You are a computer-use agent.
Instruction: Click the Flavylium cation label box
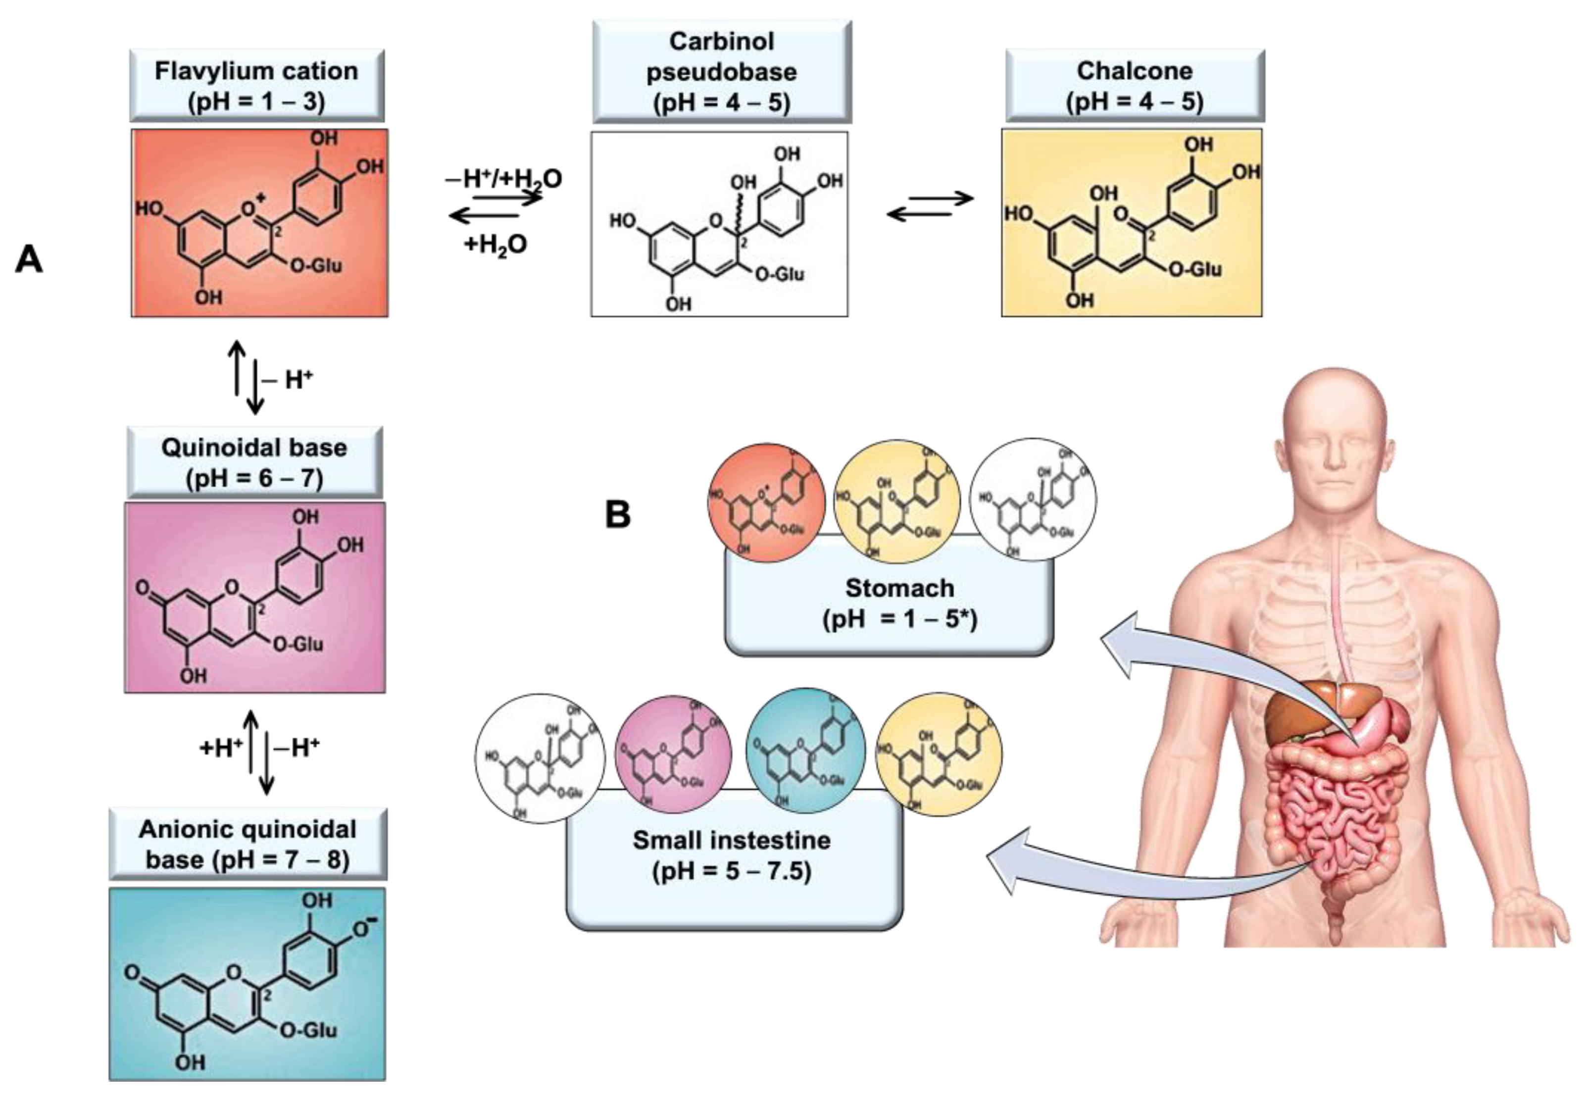256,86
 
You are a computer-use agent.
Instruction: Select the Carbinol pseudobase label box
721,72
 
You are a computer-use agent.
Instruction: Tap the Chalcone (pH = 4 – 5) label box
1134,86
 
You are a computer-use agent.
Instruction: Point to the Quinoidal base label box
254,462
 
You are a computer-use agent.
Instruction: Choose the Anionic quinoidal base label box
248,844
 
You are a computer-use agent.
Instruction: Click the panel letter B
617,515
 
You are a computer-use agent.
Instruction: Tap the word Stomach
899,588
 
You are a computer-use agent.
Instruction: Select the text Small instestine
731,841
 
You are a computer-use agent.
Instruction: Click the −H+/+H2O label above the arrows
503,179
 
